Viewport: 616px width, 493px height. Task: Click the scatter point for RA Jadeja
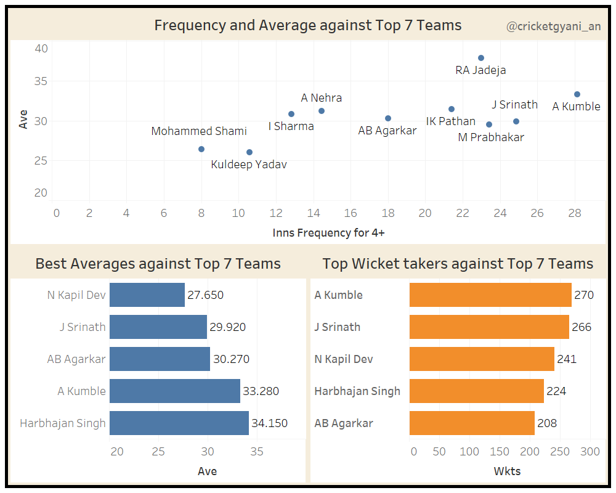click(x=481, y=58)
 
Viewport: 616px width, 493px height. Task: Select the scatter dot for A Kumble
click(x=577, y=94)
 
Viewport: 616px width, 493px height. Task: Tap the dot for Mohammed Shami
click(x=201, y=149)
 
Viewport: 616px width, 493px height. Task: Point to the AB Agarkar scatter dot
click(x=388, y=118)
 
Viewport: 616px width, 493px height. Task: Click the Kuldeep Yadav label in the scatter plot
click(x=249, y=165)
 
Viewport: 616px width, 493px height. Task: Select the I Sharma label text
click(x=291, y=126)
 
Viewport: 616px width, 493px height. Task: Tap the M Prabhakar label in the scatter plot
click(x=491, y=137)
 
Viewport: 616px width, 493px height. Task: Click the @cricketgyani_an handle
click(x=553, y=26)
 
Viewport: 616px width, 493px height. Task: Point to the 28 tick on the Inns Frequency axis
click(x=574, y=213)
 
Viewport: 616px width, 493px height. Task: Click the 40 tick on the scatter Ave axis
click(x=41, y=49)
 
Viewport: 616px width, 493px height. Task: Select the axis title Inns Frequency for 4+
click(x=328, y=233)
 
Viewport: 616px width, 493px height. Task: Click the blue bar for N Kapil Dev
click(x=147, y=295)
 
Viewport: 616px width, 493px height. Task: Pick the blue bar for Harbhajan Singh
click(x=179, y=423)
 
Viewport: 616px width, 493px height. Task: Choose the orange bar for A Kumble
click(x=490, y=295)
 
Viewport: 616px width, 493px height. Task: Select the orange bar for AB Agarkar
click(x=472, y=423)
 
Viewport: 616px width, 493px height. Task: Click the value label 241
click(x=566, y=359)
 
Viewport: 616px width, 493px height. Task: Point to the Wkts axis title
click(x=508, y=471)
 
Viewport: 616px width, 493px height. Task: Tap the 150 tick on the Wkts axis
click(x=500, y=452)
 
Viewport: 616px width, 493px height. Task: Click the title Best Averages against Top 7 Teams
click(x=158, y=264)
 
